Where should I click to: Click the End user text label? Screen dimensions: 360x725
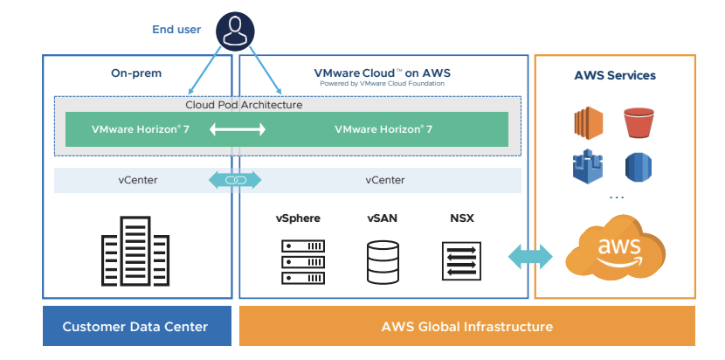(x=176, y=30)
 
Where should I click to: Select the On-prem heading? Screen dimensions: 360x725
(x=136, y=74)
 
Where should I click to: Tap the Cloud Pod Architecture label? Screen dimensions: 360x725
(x=244, y=105)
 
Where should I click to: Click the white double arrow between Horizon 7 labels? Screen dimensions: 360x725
(x=237, y=129)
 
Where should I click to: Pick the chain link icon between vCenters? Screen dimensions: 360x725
(x=236, y=180)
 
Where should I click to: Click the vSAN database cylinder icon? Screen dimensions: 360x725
(x=383, y=260)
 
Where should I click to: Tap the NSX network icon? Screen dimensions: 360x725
(x=462, y=260)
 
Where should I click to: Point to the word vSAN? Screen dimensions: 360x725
(x=383, y=218)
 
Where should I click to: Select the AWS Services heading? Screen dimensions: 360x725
(x=615, y=75)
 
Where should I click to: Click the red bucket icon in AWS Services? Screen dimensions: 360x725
(x=639, y=123)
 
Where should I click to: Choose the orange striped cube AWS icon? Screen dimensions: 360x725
(x=590, y=123)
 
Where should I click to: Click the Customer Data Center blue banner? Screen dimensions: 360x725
(x=135, y=327)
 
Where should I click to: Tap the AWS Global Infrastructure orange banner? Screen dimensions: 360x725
(x=467, y=327)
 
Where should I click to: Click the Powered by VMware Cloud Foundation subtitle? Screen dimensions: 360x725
(x=383, y=84)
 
